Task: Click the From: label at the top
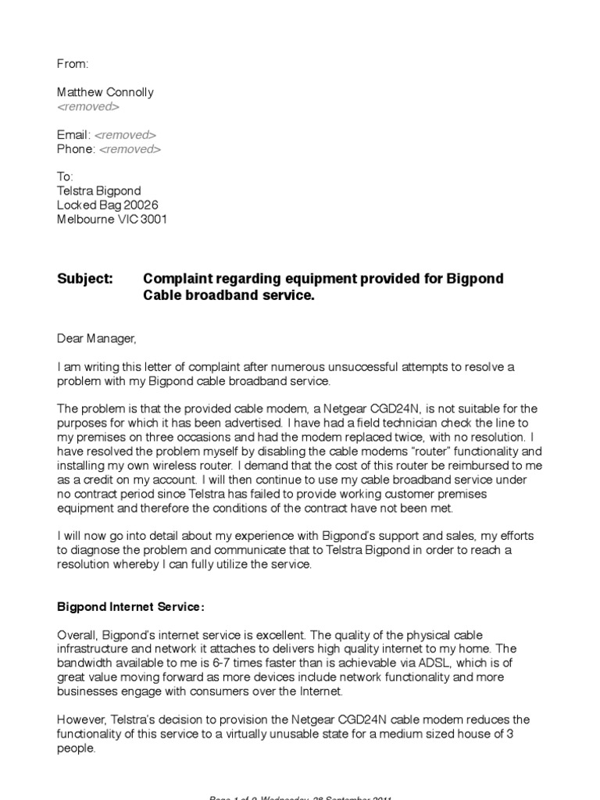pyautogui.click(x=73, y=64)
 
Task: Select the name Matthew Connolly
pyautogui.click(x=105, y=92)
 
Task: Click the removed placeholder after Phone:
pyautogui.click(x=130, y=148)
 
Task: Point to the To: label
pyautogui.click(x=66, y=177)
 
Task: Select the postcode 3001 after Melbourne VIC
pyautogui.click(x=153, y=220)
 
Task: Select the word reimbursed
pyautogui.click(x=464, y=465)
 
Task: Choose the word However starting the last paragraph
pyautogui.click(x=83, y=720)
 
